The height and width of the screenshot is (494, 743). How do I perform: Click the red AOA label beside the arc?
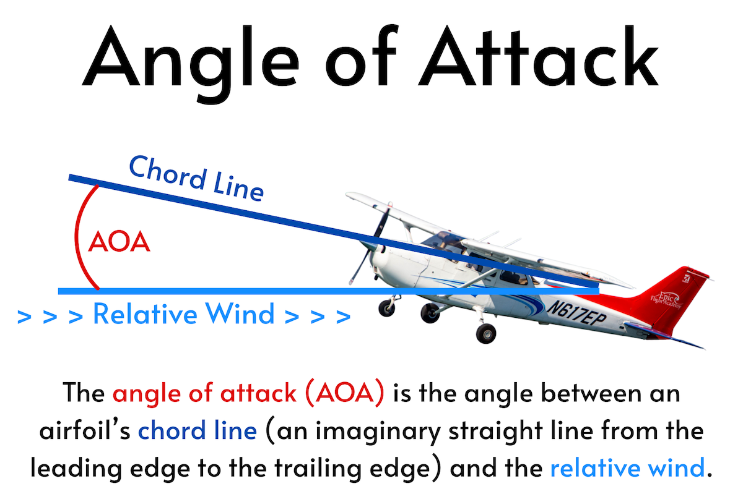(x=119, y=242)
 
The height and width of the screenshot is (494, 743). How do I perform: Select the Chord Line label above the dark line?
(x=196, y=179)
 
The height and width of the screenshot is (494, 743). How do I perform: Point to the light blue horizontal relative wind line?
(x=328, y=291)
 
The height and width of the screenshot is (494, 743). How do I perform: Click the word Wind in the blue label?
(x=240, y=313)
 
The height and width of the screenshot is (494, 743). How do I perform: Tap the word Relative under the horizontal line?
(x=146, y=313)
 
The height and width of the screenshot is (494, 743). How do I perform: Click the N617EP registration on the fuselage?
(x=576, y=313)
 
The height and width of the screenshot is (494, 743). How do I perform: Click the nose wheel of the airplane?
(x=386, y=308)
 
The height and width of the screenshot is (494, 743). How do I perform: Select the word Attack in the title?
(x=538, y=56)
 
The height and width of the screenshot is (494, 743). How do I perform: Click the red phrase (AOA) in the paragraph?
(x=345, y=393)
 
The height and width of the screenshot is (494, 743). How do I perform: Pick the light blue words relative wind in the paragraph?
(x=627, y=467)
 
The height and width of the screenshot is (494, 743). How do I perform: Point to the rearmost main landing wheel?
(x=486, y=333)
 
